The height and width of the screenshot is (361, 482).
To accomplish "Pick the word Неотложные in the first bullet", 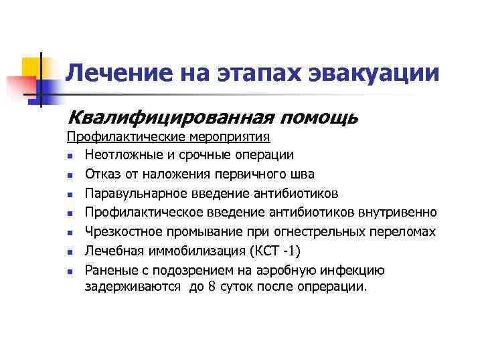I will click(x=117, y=154).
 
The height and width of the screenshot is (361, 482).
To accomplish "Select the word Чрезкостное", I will click(x=119, y=232).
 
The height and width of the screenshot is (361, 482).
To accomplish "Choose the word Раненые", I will click(x=108, y=271).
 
